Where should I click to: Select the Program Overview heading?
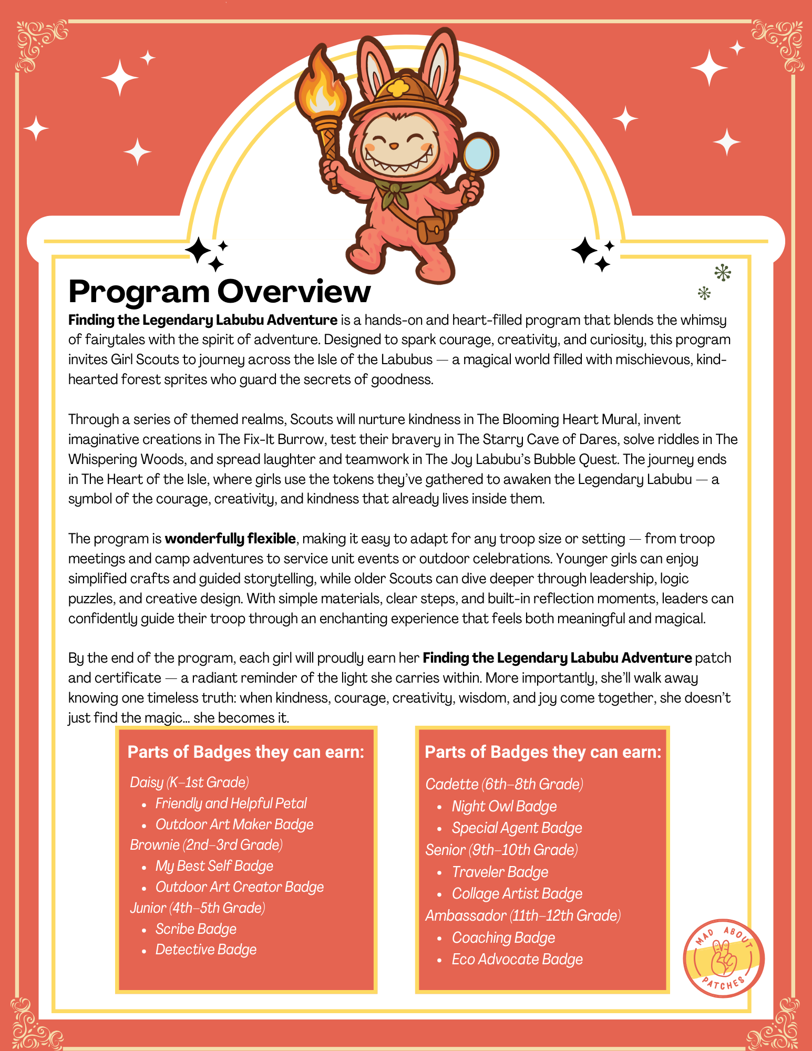coord(219,292)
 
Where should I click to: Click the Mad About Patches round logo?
coord(724,958)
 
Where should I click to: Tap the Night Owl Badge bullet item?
coord(504,806)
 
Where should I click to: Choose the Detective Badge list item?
coord(206,950)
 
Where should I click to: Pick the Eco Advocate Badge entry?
coord(517,959)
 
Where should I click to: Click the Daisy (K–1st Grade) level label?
coord(189,782)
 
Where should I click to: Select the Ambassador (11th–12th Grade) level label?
coord(523,915)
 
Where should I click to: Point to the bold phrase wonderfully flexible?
coord(230,539)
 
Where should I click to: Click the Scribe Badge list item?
coord(196,929)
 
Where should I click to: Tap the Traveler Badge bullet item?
coord(500,872)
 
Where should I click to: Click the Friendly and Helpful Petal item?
coord(231,803)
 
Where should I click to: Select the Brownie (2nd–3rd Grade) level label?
coord(206,844)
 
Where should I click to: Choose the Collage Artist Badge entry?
coord(517,893)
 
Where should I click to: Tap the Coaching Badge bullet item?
coord(503,937)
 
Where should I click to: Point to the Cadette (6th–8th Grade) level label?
coord(504,784)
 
